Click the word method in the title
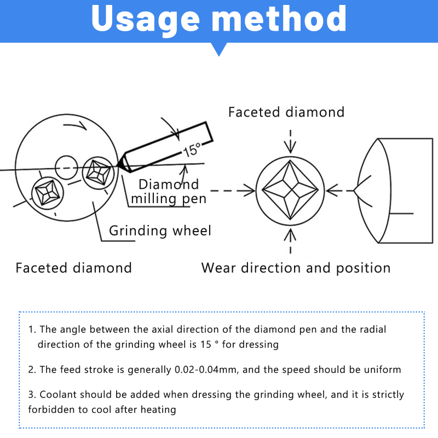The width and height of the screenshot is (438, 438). click(279, 19)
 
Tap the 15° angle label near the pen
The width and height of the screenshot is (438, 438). click(192, 149)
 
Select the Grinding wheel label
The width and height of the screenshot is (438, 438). click(160, 230)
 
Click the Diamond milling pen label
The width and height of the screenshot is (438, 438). click(169, 192)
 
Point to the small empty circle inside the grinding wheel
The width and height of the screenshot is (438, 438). click(66, 168)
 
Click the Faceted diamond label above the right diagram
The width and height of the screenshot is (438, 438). click(286, 112)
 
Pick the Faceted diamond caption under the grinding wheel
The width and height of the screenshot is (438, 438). click(73, 268)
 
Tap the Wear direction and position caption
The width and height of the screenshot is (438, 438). click(296, 268)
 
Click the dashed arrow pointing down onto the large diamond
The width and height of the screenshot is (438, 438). click(291, 141)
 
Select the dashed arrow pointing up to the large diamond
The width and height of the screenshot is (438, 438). click(291, 241)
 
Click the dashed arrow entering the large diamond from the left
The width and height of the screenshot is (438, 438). click(233, 191)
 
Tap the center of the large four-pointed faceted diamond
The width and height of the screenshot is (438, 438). click(290, 190)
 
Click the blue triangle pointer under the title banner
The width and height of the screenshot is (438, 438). click(219, 49)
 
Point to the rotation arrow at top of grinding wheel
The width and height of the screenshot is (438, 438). click(76, 125)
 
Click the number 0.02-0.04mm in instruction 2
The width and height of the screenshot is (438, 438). click(206, 370)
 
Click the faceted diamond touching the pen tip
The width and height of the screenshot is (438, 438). click(99, 173)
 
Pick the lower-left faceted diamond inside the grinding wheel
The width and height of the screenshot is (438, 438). click(48, 193)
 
